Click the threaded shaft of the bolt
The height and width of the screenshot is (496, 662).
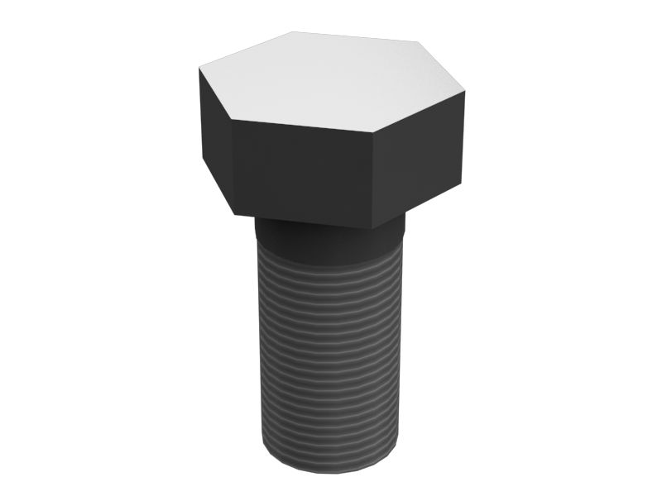click(331, 347)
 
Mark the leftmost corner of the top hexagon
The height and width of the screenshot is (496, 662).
click(199, 69)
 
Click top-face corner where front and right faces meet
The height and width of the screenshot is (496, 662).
click(372, 129)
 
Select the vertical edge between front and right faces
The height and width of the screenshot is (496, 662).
click(372, 178)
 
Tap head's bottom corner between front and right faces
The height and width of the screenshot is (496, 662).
click(372, 228)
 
